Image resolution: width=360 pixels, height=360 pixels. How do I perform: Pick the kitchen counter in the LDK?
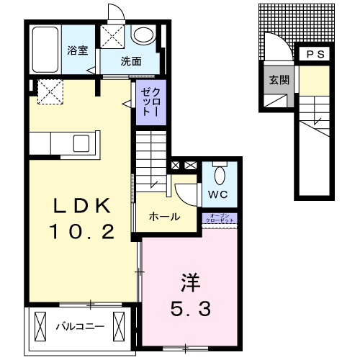pyautogui.click(x=61, y=143)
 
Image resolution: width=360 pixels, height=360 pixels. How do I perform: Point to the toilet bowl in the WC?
pyautogui.click(x=220, y=175)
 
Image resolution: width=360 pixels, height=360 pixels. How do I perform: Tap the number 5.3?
pyautogui.click(x=190, y=310)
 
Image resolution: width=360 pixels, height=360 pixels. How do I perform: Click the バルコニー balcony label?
pyautogui.click(x=80, y=326)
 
